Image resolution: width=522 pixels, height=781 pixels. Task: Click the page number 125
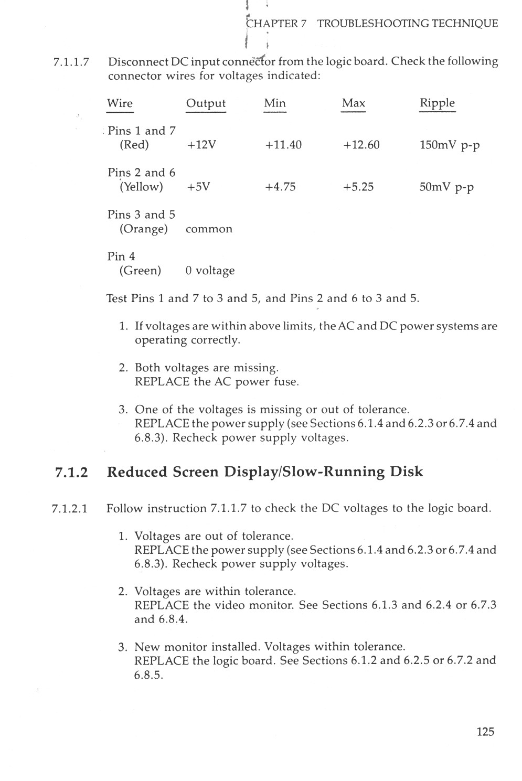pos(485,732)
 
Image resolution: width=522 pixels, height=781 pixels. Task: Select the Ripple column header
pos(437,103)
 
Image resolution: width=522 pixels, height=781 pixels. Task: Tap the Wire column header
pos(120,103)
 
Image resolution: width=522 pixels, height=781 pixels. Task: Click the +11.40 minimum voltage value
pos(283,145)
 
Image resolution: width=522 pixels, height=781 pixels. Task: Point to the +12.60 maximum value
pos(361,145)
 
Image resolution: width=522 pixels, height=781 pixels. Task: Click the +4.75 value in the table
pos(280,187)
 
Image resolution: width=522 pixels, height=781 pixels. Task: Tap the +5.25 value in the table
pos(358,187)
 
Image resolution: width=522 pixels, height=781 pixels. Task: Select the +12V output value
pos(201,145)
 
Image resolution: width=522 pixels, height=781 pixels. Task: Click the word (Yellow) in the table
pos(141,187)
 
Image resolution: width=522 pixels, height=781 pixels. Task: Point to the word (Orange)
pos(143,229)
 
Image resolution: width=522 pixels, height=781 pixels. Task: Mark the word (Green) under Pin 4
pos(140,271)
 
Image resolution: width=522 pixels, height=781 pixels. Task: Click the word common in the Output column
pos(209,229)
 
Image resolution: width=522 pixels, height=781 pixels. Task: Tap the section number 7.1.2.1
pos(70,509)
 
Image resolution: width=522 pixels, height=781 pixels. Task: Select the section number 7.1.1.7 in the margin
pos(72,62)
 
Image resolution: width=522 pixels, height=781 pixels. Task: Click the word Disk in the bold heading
pos(406,472)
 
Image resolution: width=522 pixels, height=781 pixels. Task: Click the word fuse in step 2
pos(286,381)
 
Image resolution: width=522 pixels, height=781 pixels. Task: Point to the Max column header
pos(353,103)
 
